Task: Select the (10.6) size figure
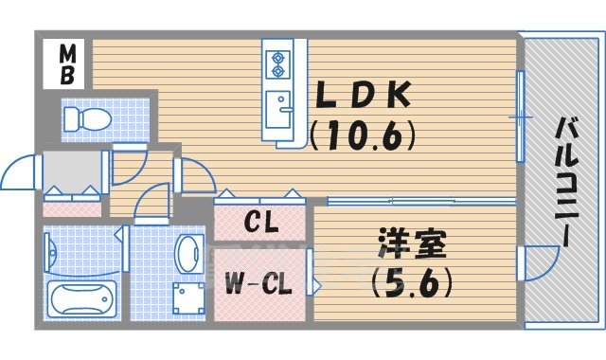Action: tap(364, 137)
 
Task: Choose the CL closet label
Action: tap(260, 225)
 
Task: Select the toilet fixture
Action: tap(88, 118)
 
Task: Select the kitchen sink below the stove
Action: tap(279, 106)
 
